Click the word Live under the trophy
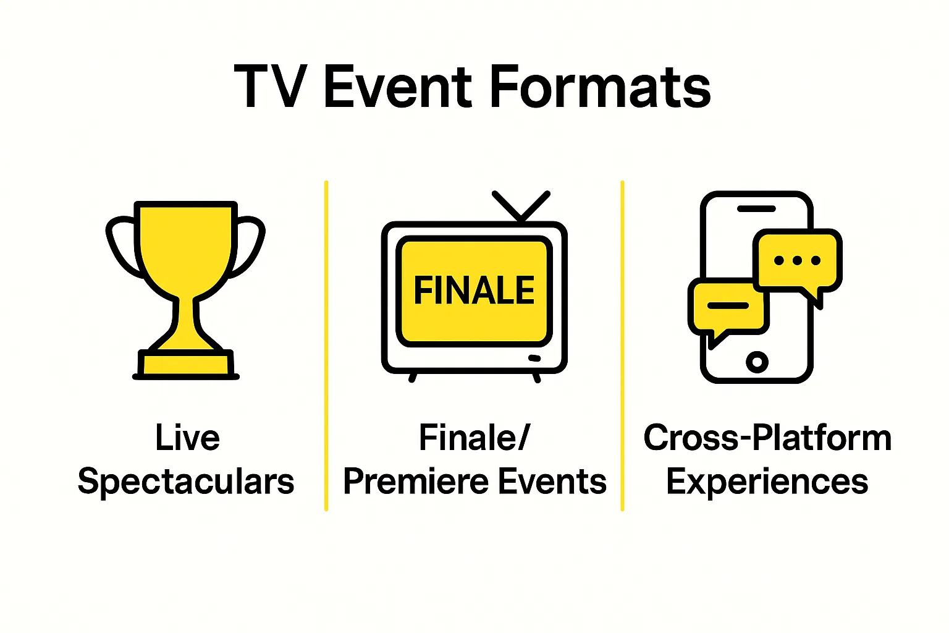(187, 438)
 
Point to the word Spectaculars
(186, 482)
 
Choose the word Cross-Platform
(767, 438)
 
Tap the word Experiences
(767, 482)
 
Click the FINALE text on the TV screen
(474, 291)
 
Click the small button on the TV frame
(534, 358)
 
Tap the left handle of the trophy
(120, 244)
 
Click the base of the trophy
(186, 364)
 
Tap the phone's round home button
(757, 362)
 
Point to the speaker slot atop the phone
(756, 209)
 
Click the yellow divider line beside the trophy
(326, 346)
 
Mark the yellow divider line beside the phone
(622, 346)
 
